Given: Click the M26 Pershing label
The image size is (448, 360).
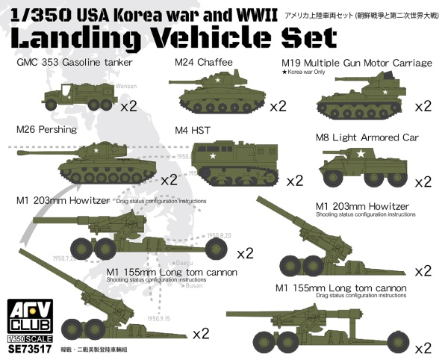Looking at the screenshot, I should [x=46, y=129].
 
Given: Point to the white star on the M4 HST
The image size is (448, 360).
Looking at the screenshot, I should [x=212, y=157].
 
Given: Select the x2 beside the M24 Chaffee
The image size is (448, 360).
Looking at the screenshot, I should [x=277, y=106].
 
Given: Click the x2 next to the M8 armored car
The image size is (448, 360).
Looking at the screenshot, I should [x=423, y=181].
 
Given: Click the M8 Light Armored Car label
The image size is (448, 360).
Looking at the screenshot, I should [x=367, y=137].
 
